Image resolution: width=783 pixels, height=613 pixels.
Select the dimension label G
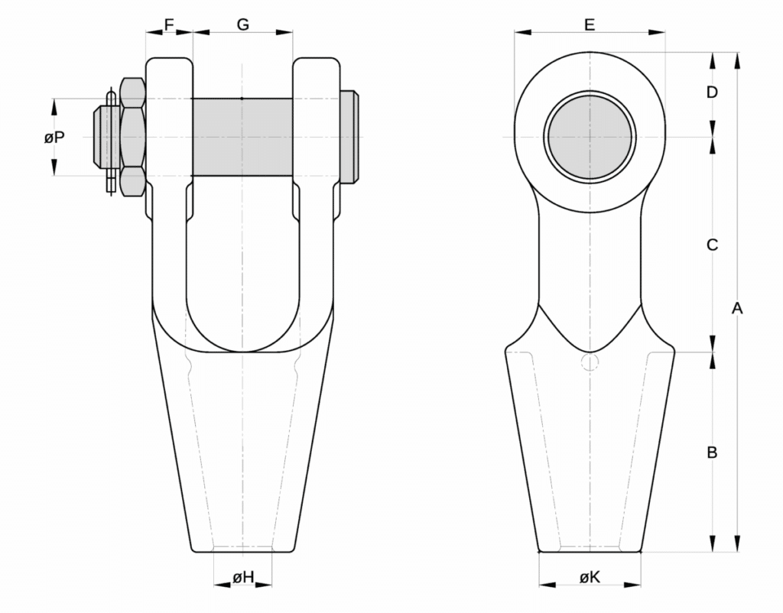(242, 24)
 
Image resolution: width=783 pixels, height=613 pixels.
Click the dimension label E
(590, 24)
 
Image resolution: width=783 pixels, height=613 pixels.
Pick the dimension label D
(712, 92)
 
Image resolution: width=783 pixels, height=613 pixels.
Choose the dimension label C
(712, 245)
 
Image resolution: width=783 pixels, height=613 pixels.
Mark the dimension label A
(737, 308)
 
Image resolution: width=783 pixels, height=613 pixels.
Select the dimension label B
(712, 452)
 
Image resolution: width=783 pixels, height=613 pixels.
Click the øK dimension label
(590, 578)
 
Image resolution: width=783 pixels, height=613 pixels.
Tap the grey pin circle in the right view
(590, 137)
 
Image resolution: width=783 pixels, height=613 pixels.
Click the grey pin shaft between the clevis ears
(242, 137)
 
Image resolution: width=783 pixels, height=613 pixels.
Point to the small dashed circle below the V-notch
(589, 362)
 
